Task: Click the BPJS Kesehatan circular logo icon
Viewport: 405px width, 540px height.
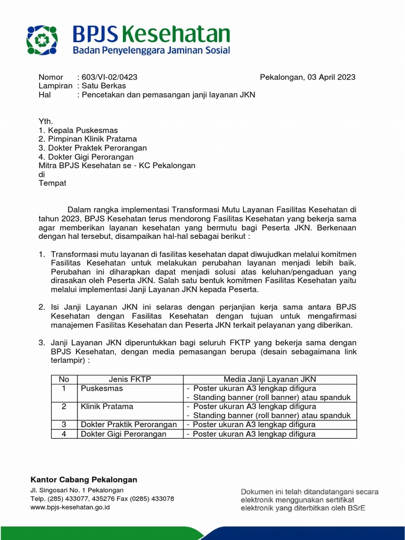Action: pyautogui.click(x=42, y=40)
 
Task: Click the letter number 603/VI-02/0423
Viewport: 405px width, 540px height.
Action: pyautogui.click(x=110, y=77)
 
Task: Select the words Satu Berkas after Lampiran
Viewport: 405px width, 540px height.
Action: pyautogui.click(x=104, y=86)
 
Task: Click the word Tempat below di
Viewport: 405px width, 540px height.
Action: pyautogui.click(x=52, y=183)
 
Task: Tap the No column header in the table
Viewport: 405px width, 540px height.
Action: pyautogui.click(x=64, y=379)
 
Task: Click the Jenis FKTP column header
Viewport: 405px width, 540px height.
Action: pyautogui.click(x=130, y=379)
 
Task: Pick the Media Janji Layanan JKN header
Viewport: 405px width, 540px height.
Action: pyautogui.click(x=269, y=379)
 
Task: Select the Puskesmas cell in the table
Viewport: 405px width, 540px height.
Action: pyautogui.click(x=102, y=388)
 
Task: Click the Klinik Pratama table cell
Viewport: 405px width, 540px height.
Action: pyautogui.click(x=107, y=407)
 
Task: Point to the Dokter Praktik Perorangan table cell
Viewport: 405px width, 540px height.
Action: pyautogui.click(x=129, y=425)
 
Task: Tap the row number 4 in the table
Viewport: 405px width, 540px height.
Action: pyautogui.click(x=64, y=434)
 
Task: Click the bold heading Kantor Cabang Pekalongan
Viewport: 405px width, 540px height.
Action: pyautogui.click(x=84, y=479)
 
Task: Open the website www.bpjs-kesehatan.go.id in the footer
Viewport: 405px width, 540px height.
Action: pyautogui.click(x=70, y=507)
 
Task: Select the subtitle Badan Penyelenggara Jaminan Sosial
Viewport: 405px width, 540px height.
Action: pyautogui.click(x=151, y=50)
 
